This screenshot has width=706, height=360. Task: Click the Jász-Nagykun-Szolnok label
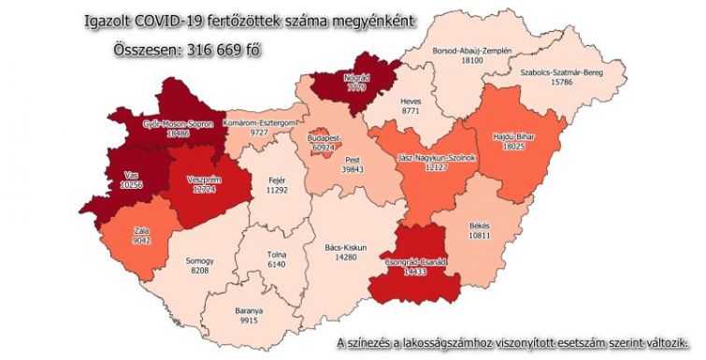(x=436, y=158)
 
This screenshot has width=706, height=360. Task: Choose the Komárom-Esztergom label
(x=265, y=123)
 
